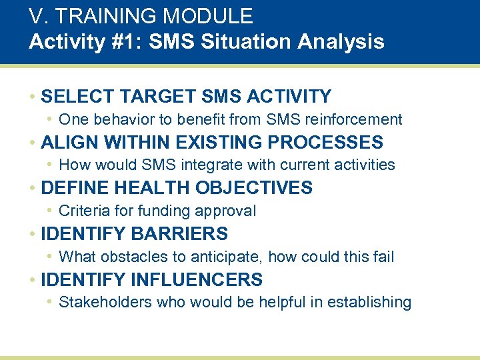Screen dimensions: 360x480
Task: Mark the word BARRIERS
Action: coord(179,234)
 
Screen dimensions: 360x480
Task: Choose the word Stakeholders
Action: coord(105,302)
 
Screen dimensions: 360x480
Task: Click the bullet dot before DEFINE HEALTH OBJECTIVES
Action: coord(33,189)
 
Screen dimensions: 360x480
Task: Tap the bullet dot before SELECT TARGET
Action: coord(33,97)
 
